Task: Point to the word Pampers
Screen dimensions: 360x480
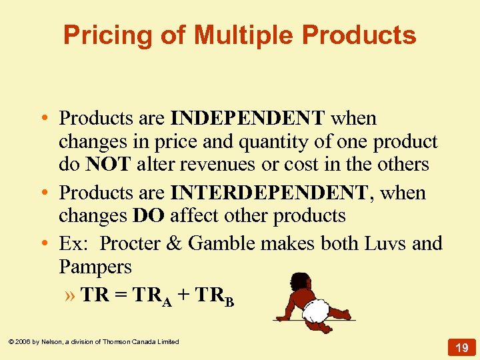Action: coord(95,267)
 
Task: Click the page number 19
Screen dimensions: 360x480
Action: coord(461,347)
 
